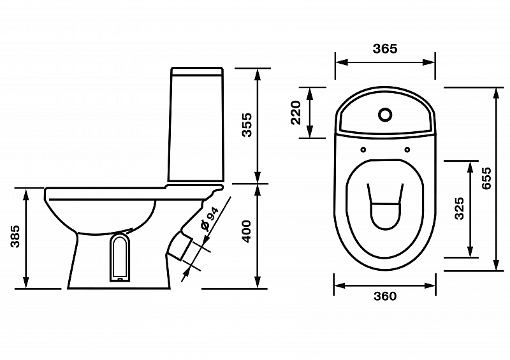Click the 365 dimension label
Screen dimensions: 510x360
[x=385, y=49]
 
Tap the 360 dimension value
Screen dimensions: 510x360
[x=385, y=296]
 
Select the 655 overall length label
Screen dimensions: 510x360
[x=486, y=178]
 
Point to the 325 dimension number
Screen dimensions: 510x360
[x=459, y=208]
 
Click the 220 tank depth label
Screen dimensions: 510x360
[x=296, y=113]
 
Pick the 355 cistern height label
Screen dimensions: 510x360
[x=247, y=125]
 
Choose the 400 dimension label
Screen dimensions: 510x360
[x=247, y=231]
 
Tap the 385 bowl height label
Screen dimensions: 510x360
[x=15, y=236]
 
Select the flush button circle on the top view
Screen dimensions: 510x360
[x=385, y=115]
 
